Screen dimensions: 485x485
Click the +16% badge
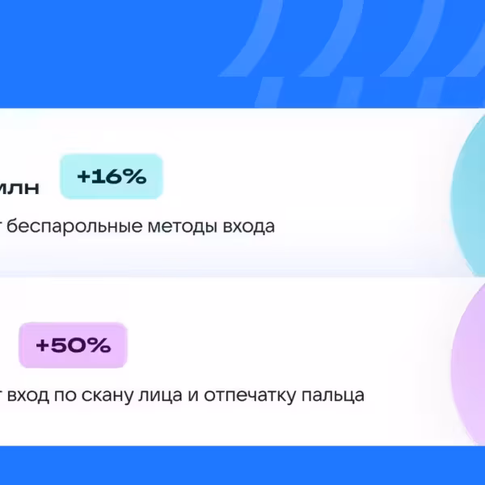click(112, 177)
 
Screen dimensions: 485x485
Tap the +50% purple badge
click(73, 346)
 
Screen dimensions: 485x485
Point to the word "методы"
click(165, 226)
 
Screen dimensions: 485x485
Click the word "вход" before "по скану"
click(32, 396)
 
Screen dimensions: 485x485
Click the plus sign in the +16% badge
click(83, 177)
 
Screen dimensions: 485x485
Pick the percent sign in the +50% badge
click(99, 346)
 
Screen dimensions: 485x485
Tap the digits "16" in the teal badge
click(107, 177)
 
